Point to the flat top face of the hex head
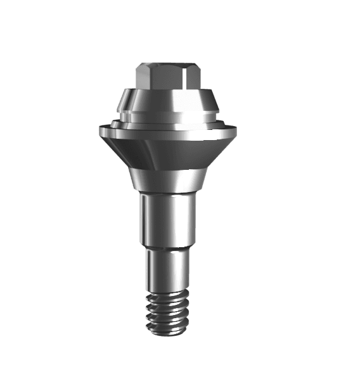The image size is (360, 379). pos(167,65)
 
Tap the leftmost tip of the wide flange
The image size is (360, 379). pos(100,130)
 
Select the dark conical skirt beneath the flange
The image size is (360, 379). pos(169,152)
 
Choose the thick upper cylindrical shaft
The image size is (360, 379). pos(168,219)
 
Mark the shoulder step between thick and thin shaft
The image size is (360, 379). pos(168,249)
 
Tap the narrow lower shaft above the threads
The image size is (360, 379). pos(168,269)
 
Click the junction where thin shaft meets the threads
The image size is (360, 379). pos(168,290)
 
